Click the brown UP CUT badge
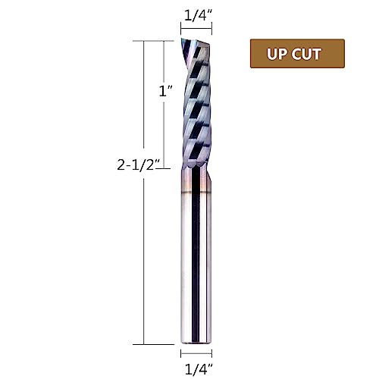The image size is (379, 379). click(297, 54)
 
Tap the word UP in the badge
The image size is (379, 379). click(277, 55)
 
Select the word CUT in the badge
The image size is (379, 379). click(308, 55)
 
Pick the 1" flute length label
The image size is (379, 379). click(165, 91)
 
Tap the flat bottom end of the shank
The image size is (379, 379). click(195, 343)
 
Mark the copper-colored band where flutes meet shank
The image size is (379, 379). click(195, 168)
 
